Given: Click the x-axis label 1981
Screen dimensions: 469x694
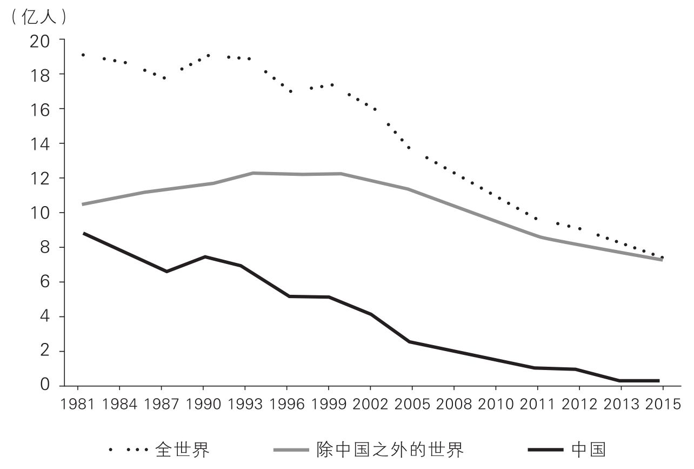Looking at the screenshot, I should [x=77, y=405].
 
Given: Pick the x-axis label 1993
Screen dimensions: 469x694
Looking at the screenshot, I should [x=245, y=405].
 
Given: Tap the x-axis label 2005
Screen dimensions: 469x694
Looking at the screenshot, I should [x=412, y=405].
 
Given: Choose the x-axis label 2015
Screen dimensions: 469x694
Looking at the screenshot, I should [x=663, y=405].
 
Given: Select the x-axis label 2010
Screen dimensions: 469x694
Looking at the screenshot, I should [x=496, y=405].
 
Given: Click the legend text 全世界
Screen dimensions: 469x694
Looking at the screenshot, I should [x=182, y=450].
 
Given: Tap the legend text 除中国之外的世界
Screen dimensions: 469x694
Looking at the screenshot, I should [x=389, y=450].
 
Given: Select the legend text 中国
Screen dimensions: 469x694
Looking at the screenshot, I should [x=588, y=450].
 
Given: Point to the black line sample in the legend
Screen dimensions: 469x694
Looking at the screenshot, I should [x=546, y=450].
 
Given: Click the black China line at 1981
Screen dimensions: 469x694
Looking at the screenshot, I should [x=84, y=233].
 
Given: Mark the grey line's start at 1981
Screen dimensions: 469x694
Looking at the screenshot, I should [x=83, y=204].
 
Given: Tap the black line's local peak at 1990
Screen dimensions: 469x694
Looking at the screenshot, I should [x=205, y=256].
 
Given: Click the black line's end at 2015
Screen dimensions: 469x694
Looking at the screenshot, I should [x=658, y=381].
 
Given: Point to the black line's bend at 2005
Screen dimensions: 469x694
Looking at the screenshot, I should [x=410, y=342].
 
